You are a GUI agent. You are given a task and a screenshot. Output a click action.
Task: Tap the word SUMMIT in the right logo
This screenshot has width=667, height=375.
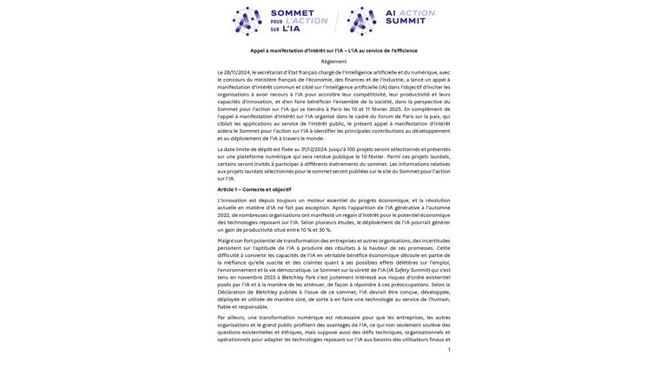coord(405,21)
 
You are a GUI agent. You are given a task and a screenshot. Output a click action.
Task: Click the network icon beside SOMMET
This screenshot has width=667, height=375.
coord(248,21)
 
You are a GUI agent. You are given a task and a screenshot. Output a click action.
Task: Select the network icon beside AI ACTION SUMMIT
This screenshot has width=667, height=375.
coord(362,21)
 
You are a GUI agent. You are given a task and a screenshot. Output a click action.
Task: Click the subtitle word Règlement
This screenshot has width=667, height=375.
coord(333,62)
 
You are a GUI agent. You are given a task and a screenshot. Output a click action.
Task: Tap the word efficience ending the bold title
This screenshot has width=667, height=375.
coord(404,50)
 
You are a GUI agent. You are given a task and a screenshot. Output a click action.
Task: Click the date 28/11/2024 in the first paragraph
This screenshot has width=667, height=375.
coord(237,73)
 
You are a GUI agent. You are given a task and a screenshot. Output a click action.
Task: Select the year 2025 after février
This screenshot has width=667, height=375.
coord(395,109)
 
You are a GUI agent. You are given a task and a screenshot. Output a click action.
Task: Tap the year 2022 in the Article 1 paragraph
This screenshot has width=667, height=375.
coord(223,215)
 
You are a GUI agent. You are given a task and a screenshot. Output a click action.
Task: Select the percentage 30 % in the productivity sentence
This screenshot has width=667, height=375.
coord(324,230)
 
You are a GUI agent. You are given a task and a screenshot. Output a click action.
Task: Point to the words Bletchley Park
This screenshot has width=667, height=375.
coord(299,278)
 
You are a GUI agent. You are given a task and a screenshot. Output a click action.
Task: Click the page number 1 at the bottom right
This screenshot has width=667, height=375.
coord(448,350)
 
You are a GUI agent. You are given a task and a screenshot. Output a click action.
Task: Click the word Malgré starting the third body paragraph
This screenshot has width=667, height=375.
coord(225,240)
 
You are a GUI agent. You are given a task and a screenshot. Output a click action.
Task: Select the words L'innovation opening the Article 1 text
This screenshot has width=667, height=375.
coord(232,201)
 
